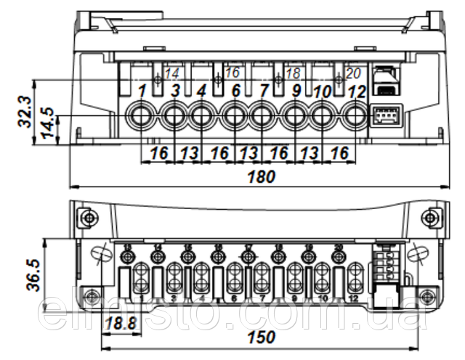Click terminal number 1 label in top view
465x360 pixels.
143,91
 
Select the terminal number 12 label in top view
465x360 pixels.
356,92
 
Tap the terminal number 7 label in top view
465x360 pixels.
263,91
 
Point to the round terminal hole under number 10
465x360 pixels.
324,115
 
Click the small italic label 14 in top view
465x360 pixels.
172,73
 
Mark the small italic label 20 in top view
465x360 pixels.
352,73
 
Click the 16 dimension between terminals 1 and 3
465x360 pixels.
158,153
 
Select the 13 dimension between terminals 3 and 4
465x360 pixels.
189,153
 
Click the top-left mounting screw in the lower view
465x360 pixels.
86,217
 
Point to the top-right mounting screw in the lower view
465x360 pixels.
433,217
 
